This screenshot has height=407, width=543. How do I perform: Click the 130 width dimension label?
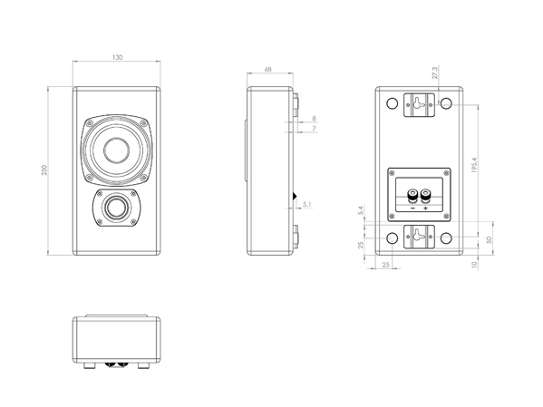(x=118, y=57)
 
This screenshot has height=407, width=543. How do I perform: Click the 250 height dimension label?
(x=44, y=170)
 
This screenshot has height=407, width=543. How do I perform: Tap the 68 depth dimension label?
(x=268, y=69)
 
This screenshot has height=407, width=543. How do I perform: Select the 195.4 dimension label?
(x=474, y=165)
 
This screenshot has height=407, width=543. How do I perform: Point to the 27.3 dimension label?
(x=435, y=73)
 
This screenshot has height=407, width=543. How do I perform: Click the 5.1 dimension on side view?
(x=307, y=204)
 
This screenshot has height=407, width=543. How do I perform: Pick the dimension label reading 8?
(x=314, y=119)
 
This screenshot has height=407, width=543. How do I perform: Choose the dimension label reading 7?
(x=314, y=129)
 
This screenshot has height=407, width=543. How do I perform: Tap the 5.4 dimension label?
(x=361, y=210)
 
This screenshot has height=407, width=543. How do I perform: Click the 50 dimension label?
(x=489, y=239)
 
